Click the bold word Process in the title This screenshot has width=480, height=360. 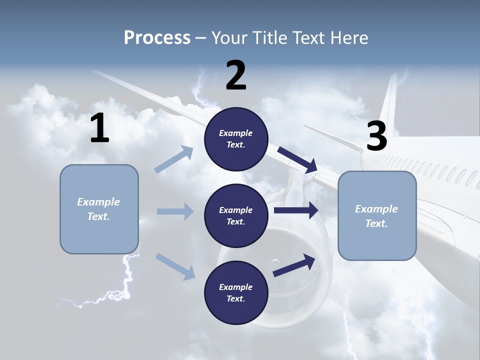coord(157,37)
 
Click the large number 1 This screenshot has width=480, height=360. coord(99,128)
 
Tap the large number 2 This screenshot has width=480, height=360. coord(236,75)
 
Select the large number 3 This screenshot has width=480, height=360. coord(376,136)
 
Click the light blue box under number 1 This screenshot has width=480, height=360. coord(99,209)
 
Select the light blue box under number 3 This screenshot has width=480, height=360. coord(377,215)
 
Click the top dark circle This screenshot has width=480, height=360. coord(236,139)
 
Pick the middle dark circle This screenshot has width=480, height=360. coord(236,215)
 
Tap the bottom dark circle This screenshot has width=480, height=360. coord(236,292)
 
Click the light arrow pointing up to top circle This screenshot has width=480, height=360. coord(174,159)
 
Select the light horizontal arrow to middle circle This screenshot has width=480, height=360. coord(174,211)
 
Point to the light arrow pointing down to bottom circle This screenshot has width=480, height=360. coord(175,266)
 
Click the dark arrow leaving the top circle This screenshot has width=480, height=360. coord(297,159)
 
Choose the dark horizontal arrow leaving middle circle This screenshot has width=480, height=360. coord(296,210)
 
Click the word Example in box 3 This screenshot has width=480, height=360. coord(376,209)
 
